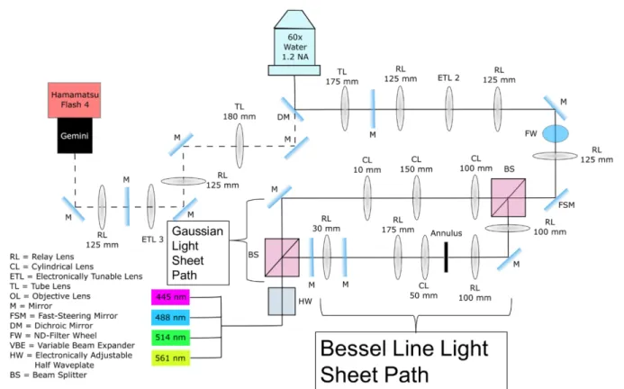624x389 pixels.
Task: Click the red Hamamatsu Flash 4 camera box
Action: click(x=74, y=100)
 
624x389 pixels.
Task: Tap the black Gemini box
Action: click(x=75, y=135)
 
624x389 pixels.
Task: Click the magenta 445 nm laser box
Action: click(x=170, y=297)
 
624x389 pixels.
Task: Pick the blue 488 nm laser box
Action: click(x=170, y=317)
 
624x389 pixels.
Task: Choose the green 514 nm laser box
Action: click(x=170, y=338)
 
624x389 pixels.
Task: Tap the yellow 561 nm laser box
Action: click(x=170, y=358)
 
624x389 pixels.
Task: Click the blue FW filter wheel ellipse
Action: click(x=556, y=134)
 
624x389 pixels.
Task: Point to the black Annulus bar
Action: click(x=446, y=258)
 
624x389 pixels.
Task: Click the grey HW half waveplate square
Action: click(x=282, y=302)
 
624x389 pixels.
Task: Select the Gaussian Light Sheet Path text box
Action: click(x=198, y=253)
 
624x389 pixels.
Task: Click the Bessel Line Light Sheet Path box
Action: click(x=411, y=360)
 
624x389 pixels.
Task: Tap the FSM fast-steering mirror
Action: click(x=556, y=200)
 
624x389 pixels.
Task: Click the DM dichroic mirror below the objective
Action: click(x=293, y=109)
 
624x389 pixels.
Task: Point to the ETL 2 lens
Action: click(x=449, y=109)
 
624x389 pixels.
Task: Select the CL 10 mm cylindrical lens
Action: click(x=367, y=198)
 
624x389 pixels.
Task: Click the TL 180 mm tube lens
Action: click(x=240, y=146)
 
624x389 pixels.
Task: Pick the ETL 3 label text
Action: click(x=152, y=240)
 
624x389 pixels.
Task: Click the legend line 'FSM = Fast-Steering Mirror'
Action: click(x=64, y=316)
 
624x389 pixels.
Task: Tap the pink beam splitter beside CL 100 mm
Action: click(x=508, y=197)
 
